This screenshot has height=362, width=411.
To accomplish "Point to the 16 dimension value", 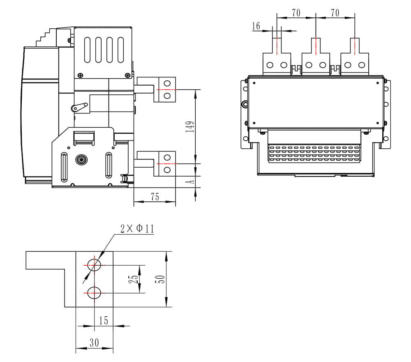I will [256, 26].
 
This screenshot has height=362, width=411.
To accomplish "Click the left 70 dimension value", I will [296, 13].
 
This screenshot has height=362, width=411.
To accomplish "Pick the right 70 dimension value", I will [335, 13].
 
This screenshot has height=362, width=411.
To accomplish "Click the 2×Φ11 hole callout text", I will [137, 229].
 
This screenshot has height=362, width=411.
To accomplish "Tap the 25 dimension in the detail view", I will [133, 279].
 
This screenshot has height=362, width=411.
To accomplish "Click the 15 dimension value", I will [104, 320].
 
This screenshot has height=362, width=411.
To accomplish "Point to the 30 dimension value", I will [94, 343].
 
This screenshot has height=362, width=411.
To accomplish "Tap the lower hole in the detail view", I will [94, 292].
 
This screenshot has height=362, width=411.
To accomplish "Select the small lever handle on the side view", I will [79, 107].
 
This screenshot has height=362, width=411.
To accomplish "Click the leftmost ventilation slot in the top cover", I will [88, 50].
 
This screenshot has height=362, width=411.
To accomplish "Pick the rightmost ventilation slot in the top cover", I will [120, 50].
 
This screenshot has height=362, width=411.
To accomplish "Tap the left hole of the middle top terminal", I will [309, 65].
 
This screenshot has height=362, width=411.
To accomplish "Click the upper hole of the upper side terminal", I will [167, 83].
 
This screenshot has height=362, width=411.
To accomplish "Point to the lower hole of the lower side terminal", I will [167, 169].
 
